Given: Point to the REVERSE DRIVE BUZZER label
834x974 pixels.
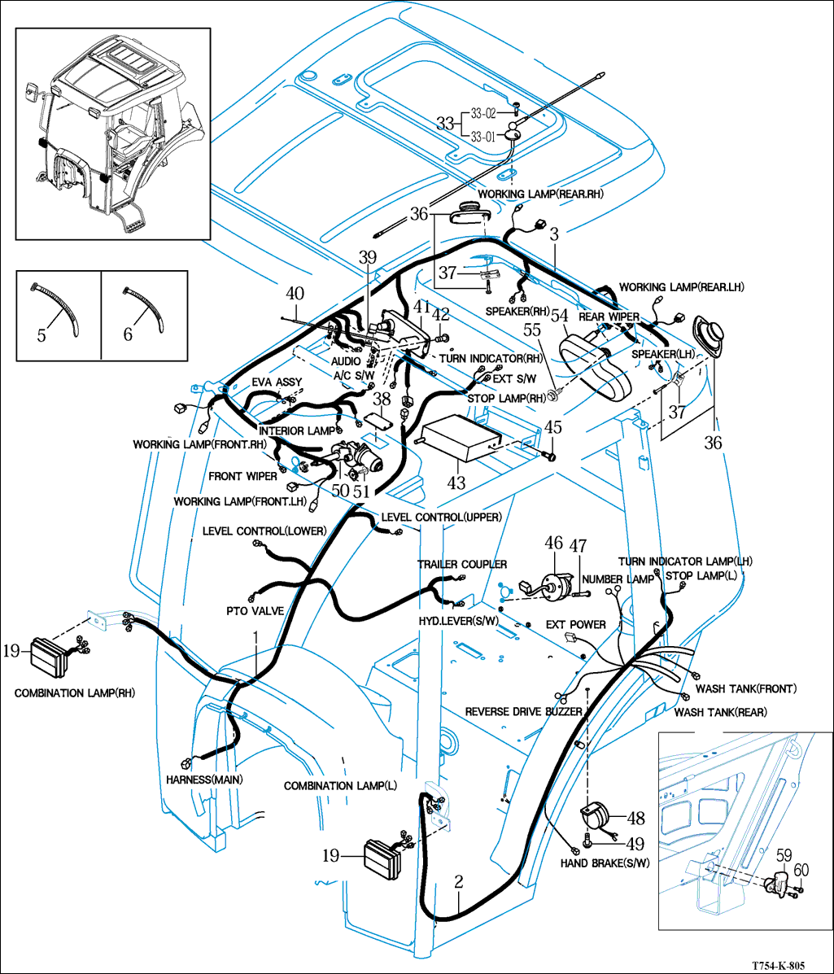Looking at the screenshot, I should (523, 711).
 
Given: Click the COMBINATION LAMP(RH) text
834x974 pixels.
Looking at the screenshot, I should (74, 693).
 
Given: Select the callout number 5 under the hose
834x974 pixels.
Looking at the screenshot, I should (41, 334).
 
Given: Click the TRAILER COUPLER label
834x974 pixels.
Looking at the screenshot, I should (462, 564).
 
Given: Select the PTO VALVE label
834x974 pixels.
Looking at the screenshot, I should (255, 609).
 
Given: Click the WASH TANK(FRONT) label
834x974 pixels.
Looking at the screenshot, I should (745, 688).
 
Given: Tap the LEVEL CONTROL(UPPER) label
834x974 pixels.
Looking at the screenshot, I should (441, 518).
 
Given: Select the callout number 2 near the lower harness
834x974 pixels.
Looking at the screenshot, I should (459, 881).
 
